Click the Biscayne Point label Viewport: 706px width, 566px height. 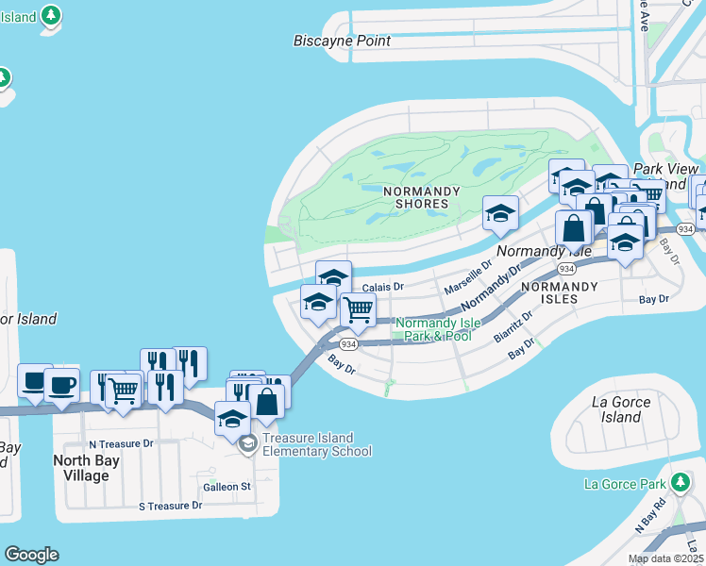pos(342,41)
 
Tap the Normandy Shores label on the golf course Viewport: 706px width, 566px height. pos(422,197)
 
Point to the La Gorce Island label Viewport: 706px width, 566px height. pos(621,409)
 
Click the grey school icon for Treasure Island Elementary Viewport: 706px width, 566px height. pos(247,444)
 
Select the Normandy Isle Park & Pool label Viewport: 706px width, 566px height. pos(433,329)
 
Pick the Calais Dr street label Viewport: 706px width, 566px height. pos(383,287)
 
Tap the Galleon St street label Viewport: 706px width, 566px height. pos(227,487)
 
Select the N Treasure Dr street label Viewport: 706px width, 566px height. pos(120,443)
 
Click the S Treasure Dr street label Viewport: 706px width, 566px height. pos(170,506)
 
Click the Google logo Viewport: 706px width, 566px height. pos(31,555)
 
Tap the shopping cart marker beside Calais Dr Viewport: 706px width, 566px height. pos(358,308)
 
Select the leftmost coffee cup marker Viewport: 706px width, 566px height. pos(35,381)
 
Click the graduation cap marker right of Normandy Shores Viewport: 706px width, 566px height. pos(500,212)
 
